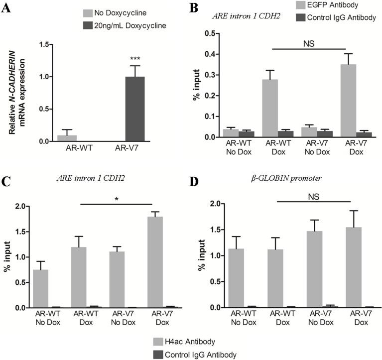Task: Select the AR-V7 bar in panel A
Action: click(x=134, y=109)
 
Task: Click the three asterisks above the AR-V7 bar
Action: click(x=135, y=59)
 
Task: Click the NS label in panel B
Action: click(x=309, y=43)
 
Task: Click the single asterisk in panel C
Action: click(x=116, y=198)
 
